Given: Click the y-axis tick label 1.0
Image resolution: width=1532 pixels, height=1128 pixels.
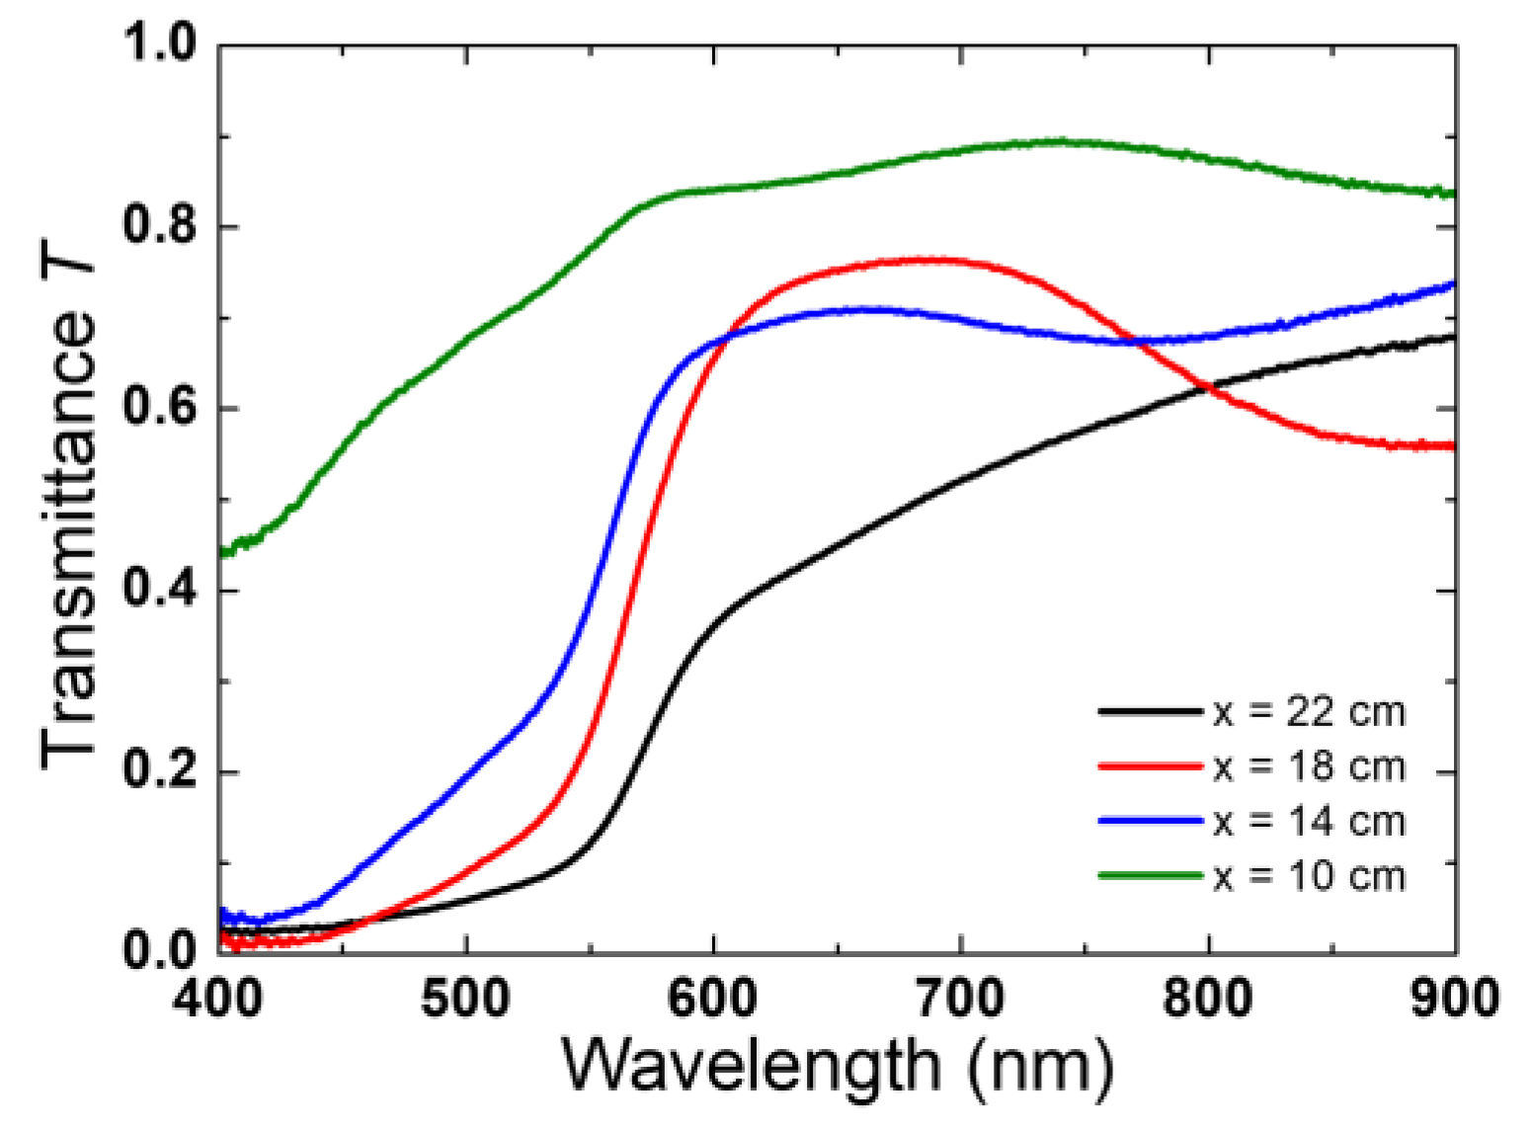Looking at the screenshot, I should [x=160, y=44].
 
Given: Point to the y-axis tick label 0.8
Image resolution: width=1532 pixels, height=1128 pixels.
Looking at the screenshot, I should [x=160, y=226].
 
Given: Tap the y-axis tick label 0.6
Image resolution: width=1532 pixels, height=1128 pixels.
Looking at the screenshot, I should [x=160, y=408].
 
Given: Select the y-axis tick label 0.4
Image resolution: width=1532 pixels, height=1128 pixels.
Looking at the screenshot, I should [x=160, y=591].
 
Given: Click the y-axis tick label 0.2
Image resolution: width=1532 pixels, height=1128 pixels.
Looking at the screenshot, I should [x=160, y=771].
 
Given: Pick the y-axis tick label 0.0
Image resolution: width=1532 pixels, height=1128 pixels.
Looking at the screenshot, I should [x=160, y=950].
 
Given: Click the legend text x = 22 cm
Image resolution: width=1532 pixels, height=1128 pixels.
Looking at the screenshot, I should [x=1309, y=711].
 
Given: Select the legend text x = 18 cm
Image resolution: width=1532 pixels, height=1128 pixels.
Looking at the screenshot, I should [x=1309, y=766].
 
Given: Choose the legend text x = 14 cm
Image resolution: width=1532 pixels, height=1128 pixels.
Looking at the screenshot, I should [x=1309, y=822].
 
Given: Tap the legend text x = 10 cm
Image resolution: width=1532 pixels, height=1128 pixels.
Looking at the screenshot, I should [x=1309, y=876].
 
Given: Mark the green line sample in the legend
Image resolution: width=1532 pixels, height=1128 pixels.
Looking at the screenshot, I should [x=1150, y=875].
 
